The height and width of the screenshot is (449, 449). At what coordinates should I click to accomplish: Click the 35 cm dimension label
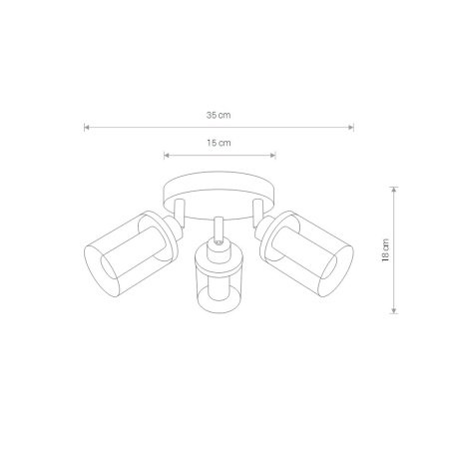click(x=219, y=116)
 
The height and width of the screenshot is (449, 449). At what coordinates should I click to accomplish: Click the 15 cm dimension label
click(x=219, y=143)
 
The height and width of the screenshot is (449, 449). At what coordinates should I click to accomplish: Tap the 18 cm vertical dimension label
click(x=385, y=250)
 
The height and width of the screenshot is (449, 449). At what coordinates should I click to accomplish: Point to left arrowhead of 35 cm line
click(x=87, y=127)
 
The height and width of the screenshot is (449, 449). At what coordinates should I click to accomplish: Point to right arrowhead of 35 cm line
click(x=350, y=127)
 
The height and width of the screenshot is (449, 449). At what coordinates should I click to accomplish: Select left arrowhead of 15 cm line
click(x=167, y=155)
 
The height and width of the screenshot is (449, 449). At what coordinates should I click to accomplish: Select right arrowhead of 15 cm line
click(x=272, y=155)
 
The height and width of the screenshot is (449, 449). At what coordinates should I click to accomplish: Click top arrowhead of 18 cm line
click(x=394, y=190)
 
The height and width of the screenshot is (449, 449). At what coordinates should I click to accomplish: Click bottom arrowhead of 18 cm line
click(x=394, y=310)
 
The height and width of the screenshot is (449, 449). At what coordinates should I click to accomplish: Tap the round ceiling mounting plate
click(x=219, y=182)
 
